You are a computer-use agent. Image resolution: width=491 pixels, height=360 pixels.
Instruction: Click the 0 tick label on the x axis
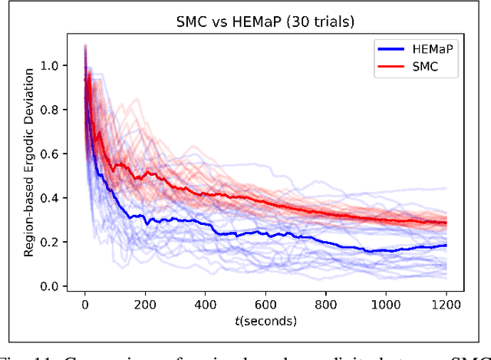click(84, 304)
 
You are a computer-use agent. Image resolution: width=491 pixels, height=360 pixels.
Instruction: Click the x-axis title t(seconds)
click(265, 320)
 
